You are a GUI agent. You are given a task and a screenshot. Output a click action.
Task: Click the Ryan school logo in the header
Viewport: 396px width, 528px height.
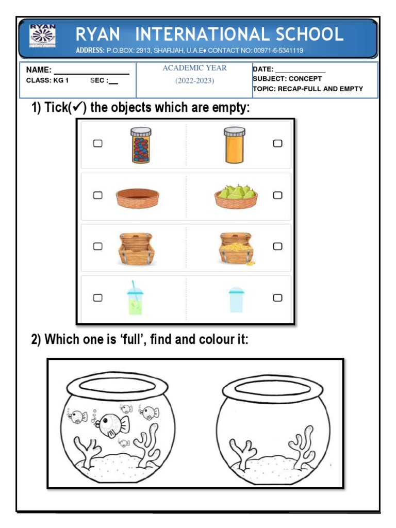43,38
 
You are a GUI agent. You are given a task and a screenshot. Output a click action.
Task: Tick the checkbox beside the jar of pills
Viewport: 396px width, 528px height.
97,144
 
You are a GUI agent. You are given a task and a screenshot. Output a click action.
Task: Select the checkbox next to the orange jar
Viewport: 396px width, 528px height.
277,144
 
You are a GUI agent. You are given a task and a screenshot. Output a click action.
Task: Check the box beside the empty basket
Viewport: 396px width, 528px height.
97,195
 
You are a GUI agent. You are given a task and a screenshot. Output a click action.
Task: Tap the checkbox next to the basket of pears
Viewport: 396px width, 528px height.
277,195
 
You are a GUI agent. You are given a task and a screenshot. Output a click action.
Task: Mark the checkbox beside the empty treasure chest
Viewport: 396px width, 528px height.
97,246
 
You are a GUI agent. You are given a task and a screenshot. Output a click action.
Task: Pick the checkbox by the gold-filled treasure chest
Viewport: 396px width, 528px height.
277,246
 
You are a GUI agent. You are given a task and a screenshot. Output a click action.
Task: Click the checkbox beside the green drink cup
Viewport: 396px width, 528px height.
97,298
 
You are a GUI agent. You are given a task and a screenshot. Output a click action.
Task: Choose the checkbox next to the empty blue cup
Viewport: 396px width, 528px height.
277,298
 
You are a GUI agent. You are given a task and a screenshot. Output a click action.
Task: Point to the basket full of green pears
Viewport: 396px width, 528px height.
236,196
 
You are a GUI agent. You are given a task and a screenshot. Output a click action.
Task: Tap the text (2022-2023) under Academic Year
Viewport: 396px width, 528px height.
194,80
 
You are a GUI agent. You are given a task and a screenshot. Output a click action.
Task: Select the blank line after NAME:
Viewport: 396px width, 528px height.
91,73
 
